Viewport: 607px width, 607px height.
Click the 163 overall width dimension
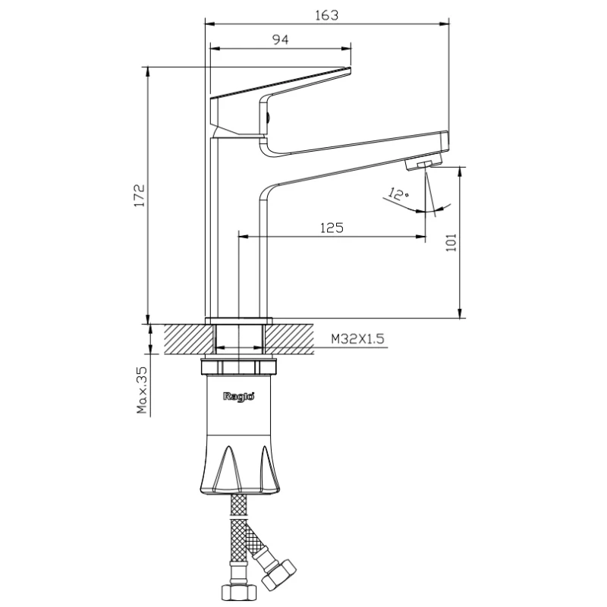click(x=327, y=15)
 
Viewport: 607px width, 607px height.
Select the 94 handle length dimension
click(x=280, y=39)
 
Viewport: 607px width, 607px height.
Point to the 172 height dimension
click(x=140, y=196)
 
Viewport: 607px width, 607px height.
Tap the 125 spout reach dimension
click(x=332, y=228)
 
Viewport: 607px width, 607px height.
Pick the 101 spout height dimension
click(x=451, y=243)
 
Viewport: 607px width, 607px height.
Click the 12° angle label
click(x=398, y=193)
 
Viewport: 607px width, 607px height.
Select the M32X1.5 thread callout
click(x=357, y=338)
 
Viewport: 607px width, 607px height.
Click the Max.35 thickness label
click(x=142, y=390)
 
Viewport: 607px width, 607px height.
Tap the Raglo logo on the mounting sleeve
click(x=239, y=397)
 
